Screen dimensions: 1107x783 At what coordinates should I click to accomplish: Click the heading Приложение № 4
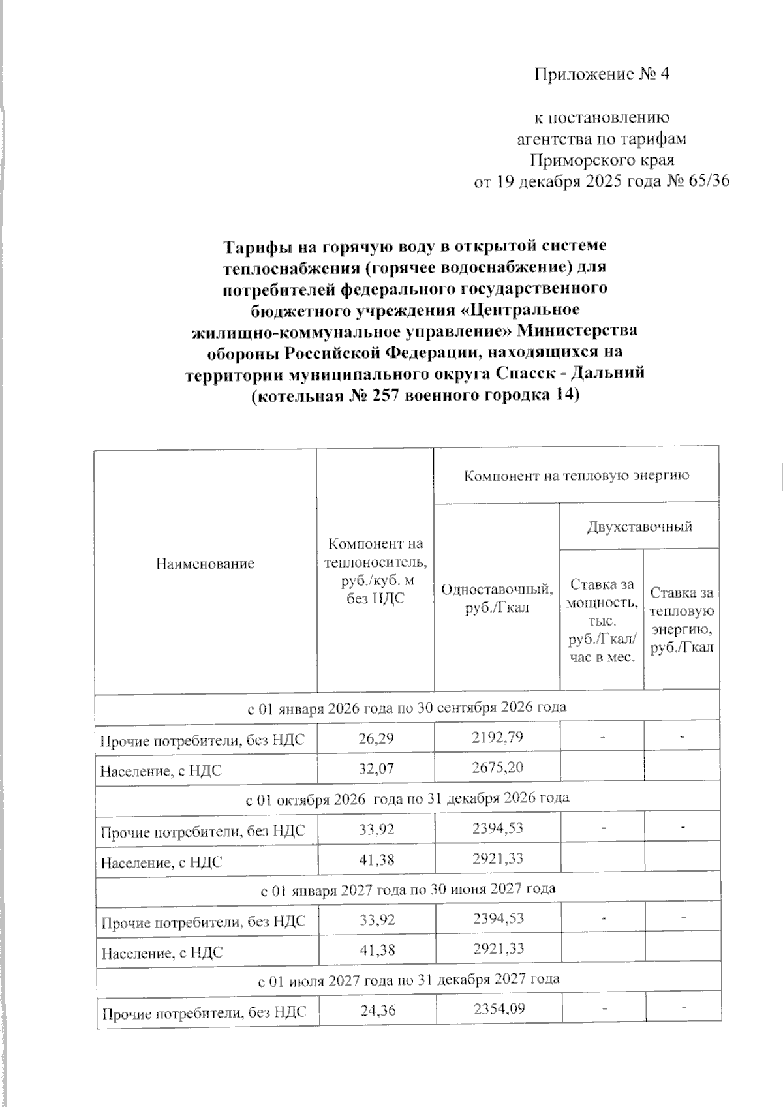point(602,74)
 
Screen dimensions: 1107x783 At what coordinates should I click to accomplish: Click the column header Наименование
point(205,564)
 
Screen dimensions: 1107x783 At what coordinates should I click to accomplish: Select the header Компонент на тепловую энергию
point(576,476)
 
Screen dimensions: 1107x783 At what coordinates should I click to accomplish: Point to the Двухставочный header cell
point(639,526)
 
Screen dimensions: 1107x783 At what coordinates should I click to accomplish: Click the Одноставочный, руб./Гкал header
point(497,599)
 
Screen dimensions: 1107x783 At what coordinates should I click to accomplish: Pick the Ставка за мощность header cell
point(601,620)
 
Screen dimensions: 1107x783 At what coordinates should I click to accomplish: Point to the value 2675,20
point(497,768)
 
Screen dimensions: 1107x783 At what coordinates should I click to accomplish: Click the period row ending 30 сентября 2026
point(407,708)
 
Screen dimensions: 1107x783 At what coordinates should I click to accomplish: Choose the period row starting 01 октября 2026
point(407,798)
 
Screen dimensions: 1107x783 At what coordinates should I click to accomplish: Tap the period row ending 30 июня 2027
point(407,888)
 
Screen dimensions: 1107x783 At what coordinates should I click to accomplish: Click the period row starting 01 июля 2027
point(407,979)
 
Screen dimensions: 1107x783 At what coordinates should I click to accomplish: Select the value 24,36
point(376,1010)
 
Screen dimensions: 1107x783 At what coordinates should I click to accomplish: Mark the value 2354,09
point(497,1010)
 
